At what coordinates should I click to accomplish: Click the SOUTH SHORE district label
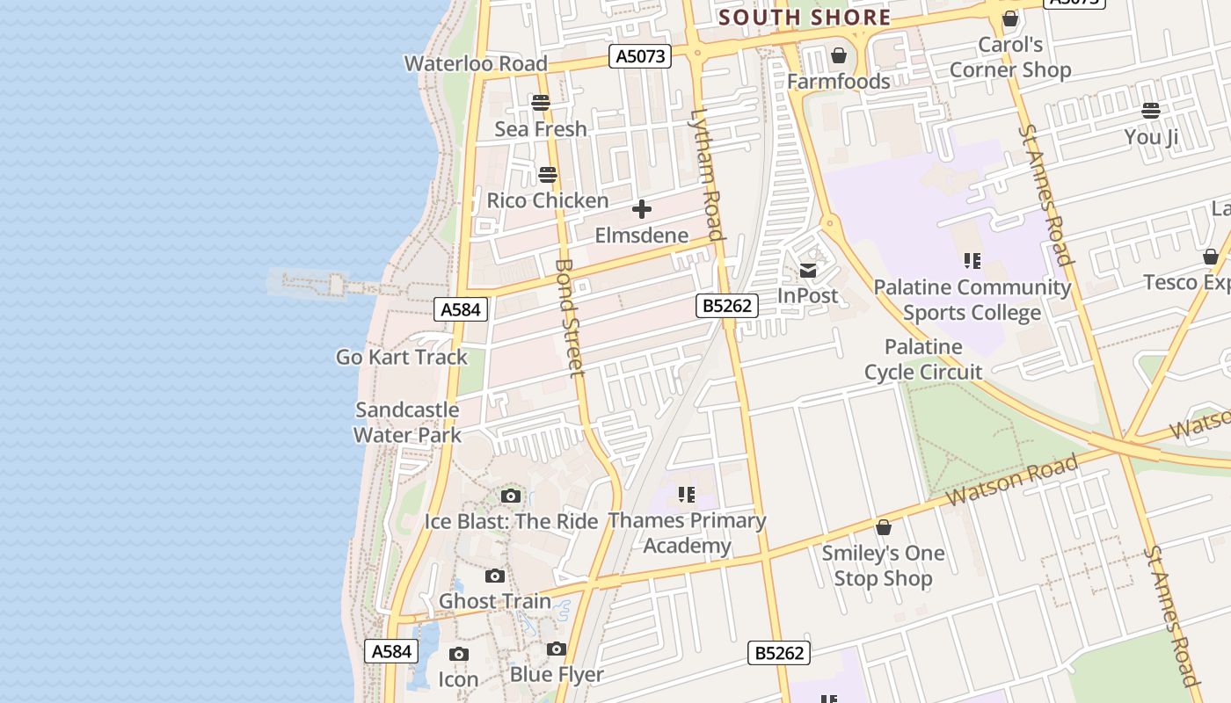805,18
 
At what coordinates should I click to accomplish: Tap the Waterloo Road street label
476,63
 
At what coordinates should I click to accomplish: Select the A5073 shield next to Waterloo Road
640,57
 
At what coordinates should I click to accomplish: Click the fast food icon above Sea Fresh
541,103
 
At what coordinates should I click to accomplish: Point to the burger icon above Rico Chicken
548,174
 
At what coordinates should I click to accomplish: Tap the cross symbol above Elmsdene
642,209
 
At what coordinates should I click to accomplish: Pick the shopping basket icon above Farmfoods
839,55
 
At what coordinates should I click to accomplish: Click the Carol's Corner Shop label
1010,57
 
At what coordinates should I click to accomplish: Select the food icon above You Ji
1151,111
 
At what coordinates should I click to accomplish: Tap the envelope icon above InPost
808,271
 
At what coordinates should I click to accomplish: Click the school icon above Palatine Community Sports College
972,260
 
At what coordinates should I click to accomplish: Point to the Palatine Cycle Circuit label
923,359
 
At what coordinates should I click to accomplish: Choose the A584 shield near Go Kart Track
461,309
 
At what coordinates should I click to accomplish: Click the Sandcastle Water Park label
407,422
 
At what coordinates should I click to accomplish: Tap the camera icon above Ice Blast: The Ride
511,496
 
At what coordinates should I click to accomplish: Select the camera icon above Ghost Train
495,576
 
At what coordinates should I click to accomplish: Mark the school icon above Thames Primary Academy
687,495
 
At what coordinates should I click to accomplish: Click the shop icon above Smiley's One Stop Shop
884,527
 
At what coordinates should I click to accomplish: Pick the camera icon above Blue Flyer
557,649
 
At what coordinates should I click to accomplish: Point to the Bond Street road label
570,317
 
